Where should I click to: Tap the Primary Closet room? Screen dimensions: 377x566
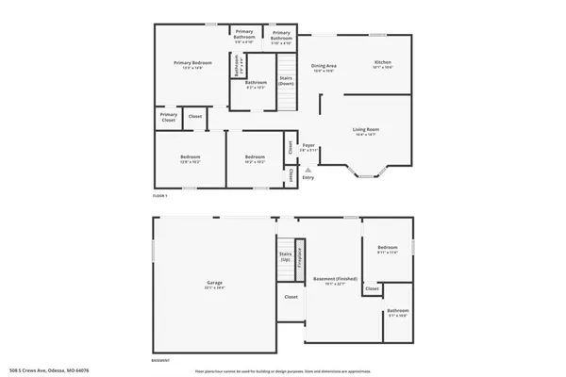(168, 118)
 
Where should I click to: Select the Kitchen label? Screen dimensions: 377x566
(382, 64)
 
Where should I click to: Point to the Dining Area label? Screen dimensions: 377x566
(325, 66)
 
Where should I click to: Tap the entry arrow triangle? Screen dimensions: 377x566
(308, 170)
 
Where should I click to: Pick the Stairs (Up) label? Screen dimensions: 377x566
(284, 255)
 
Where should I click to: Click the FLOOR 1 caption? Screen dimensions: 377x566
(160, 195)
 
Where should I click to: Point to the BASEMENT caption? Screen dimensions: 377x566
(161, 359)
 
